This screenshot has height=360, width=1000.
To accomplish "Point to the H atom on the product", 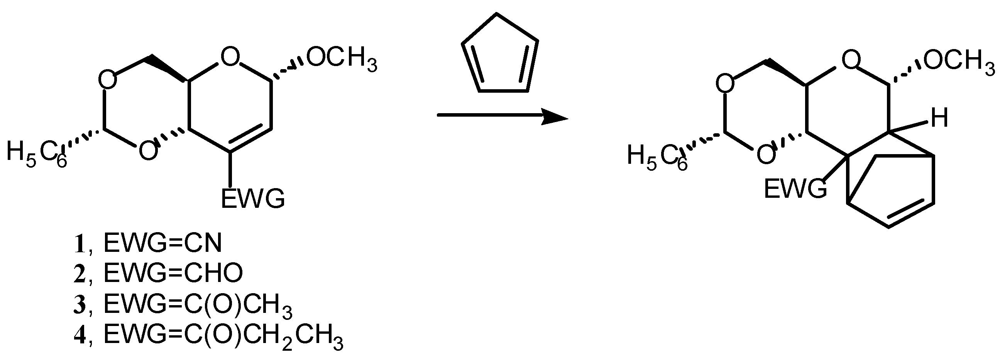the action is click(940, 118).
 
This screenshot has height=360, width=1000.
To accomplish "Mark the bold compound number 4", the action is click(80, 335).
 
